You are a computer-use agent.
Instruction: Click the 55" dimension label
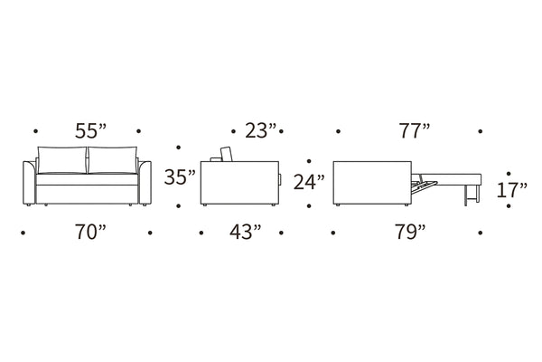click(91, 131)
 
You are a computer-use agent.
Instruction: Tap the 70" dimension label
click(90, 232)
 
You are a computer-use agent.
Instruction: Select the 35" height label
click(180, 176)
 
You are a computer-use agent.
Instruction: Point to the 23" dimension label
click(261, 130)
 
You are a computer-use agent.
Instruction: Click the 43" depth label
click(246, 232)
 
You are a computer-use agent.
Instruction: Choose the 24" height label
click(309, 182)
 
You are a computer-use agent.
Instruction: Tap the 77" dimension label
click(415, 130)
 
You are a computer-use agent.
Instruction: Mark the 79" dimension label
click(411, 232)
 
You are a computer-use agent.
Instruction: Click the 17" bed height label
click(512, 190)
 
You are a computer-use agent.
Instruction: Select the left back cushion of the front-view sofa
click(61, 159)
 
